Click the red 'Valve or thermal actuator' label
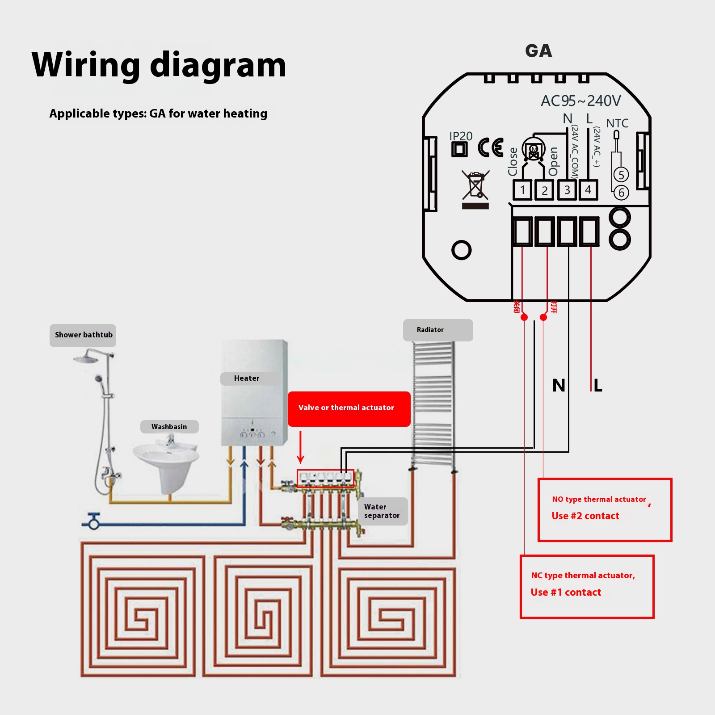(x=349, y=408)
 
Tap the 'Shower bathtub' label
(x=83, y=335)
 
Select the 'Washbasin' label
(x=169, y=427)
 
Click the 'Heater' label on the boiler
(x=247, y=379)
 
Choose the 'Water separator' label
(x=382, y=511)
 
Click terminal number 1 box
(x=522, y=190)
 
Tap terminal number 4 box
(x=588, y=190)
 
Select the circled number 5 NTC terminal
(x=621, y=175)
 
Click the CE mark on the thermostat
(x=491, y=148)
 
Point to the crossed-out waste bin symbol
(x=475, y=185)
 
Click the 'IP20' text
(x=461, y=136)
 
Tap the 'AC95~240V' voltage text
(x=580, y=101)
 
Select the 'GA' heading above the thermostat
(x=538, y=51)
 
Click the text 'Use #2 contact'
(x=585, y=516)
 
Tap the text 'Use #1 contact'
(x=566, y=593)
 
